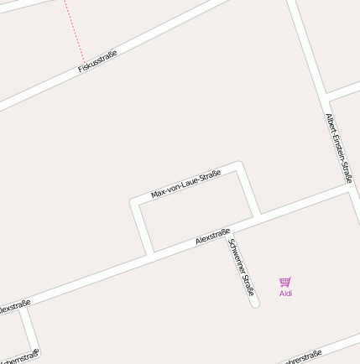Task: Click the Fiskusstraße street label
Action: point(97,61)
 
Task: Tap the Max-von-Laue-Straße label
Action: point(185,184)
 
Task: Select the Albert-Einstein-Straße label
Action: point(338,148)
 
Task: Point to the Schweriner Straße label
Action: point(240,267)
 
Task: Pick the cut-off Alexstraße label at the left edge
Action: point(14,306)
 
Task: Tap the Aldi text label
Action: point(286,294)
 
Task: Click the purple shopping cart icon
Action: point(285,282)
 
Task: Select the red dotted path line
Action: point(73,29)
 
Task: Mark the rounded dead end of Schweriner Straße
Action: point(254,303)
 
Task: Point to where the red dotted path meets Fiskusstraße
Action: point(85,63)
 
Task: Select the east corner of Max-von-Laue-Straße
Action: point(240,166)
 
